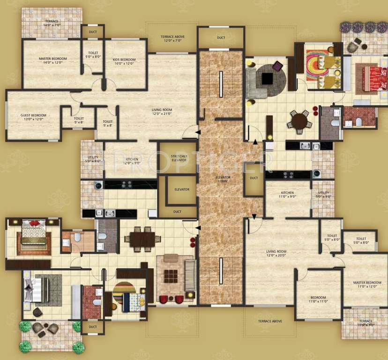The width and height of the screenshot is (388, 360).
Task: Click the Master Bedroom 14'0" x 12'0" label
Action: pos(52,60)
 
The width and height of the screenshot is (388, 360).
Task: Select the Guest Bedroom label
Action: pos(33,117)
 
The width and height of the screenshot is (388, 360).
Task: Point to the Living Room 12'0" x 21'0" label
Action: pos(162,111)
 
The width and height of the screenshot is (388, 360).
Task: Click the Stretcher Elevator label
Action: pos(179,158)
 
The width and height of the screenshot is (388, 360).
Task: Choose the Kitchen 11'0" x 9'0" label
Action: pos(287,195)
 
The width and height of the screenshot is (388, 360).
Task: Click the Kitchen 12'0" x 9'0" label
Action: pos(132,162)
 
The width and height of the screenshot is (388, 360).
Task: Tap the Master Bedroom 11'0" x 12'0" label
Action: pos(367,284)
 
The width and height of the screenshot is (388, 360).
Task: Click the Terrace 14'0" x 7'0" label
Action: pos(52,23)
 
